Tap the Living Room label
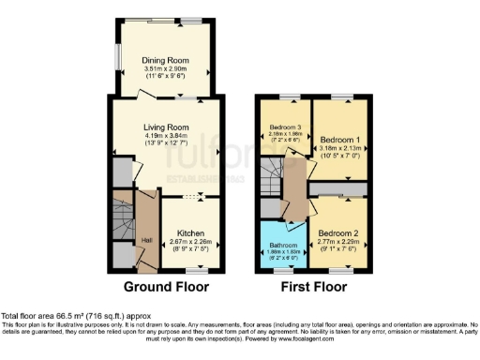click(166, 127)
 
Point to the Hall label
click(146, 241)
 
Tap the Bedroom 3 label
click(285, 127)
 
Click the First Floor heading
click(311, 287)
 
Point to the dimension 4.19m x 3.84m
click(166, 137)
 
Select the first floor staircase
click(275, 172)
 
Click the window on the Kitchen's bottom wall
click(190, 268)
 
